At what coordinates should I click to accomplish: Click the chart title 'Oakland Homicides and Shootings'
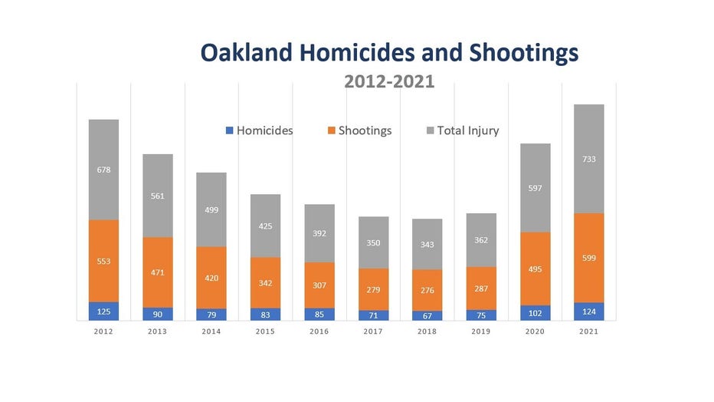pyautogui.click(x=389, y=53)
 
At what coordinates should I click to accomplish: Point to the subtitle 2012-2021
pyautogui.click(x=389, y=81)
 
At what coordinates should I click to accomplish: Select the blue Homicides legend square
pyautogui.click(x=230, y=130)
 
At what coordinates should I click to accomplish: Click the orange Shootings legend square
pyautogui.click(x=332, y=130)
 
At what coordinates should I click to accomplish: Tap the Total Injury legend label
pyautogui.click(x=468, y=131)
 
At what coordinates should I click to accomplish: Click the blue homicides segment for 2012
pyautogui.click(x=104, y=311)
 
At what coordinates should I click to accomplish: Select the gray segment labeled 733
pyautogui.click(x=589, y=159)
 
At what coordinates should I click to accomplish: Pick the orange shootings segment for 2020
pyautogui.click(x=535, y=269)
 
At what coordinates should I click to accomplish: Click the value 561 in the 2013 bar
pyautogui.click(x=158, y=196)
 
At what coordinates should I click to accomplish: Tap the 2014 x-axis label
pyautogui.click(x=211, y=331)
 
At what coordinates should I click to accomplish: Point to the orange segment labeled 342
pyautogui.click(x=266, y=282)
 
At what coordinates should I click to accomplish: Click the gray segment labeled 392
pyautogui.click(x=319, y=233)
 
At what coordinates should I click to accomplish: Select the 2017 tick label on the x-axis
pyautogui.click(x=373, y=331)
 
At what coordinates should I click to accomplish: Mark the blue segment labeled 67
pyautogui.click(x=427, y=315)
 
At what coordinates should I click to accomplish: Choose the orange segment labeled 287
pyautogui.click(x=481, y=288)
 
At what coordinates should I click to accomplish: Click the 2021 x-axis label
pyautogui.click(x=589, y=331)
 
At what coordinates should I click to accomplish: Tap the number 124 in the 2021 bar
pyautogui.click(x=589, y=311)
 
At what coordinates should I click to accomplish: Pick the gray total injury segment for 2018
pyautogui.click(x=427, y=244)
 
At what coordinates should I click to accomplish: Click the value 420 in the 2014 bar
pyautogui.click(x=211, y=278)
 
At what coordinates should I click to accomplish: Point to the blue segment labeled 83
pyautogui.click(x=266, y=315)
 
